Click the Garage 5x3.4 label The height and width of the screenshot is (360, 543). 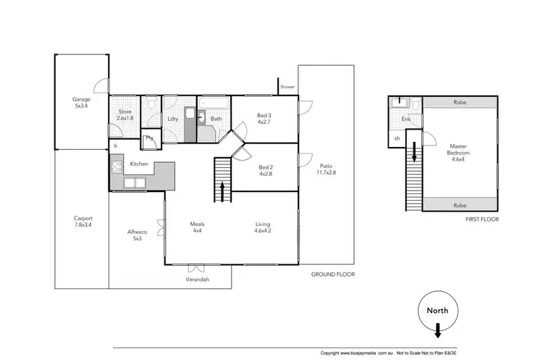pyautogui.click(x=80, y=102)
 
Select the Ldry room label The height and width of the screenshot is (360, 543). pyautogui.click(x=172, y=119)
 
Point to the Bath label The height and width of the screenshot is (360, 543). pyautogui.click(x=216, y=119)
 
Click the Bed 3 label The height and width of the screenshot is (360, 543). pyautogui.click(x=264, y=119)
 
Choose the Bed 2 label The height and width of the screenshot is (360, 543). pyautogui.click(x=264, y=171)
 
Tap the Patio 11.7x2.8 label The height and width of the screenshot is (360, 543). pyautogui.click(x=325, y=171)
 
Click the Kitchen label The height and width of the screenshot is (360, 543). pyautogui.click(x=139, y=164)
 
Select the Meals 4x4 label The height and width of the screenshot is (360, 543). pyautogui.click(x=197, y=227)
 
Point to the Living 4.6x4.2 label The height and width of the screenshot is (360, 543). pyautogui.click(x=264, y=227)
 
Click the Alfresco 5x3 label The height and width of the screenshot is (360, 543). pyautogui.click(x=137, y=235)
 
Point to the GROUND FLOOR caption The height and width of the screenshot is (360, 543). pyautogui.click(x=332, y=275)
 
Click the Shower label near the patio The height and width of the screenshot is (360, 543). pyautogui.click(x=287, y=87)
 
